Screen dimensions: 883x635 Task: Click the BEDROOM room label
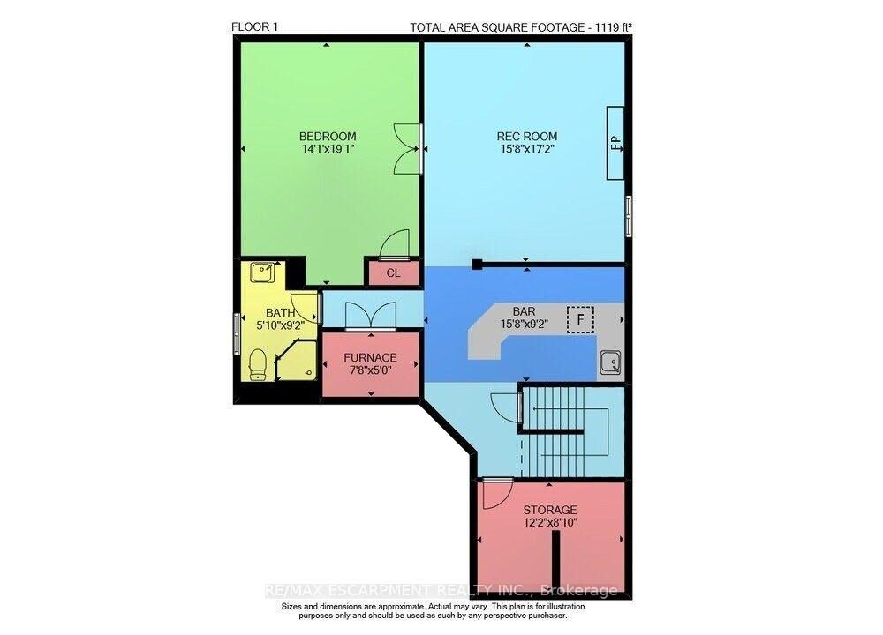328,136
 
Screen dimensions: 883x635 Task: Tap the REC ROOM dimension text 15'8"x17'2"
526,149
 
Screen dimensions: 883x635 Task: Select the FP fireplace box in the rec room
615,143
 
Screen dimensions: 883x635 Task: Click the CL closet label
394,273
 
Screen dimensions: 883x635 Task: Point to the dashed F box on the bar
581,319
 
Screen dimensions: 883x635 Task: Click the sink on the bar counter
610,362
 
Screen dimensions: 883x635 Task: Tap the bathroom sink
262,273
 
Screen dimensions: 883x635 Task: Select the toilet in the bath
258,364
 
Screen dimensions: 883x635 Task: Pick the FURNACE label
370,358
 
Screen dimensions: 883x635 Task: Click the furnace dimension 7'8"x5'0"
370,370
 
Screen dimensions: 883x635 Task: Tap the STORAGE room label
550,510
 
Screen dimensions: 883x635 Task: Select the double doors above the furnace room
371,316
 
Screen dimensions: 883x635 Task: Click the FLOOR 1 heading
254,27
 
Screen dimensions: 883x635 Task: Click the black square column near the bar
478,264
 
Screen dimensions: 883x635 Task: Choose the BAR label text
525,311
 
